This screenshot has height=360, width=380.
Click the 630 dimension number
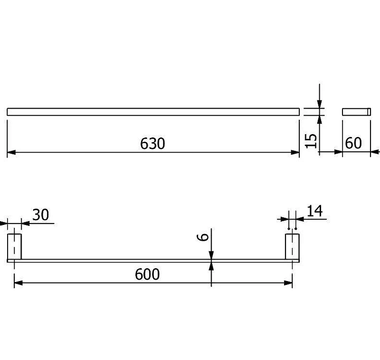pos(152,143)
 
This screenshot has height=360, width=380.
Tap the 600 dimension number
pos(147,274)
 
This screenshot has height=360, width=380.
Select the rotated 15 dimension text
pos(311,141)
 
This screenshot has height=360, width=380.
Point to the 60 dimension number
pos(353,143)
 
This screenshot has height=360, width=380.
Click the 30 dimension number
pos(40,214)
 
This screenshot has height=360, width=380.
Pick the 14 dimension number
pos(315,211)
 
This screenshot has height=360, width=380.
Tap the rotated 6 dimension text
pos(203,237)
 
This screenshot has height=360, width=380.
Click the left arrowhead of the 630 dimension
pos(11,152)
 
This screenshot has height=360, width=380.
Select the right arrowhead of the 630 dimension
pos(295,152)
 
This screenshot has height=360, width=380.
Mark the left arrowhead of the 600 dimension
pos(19,283)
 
